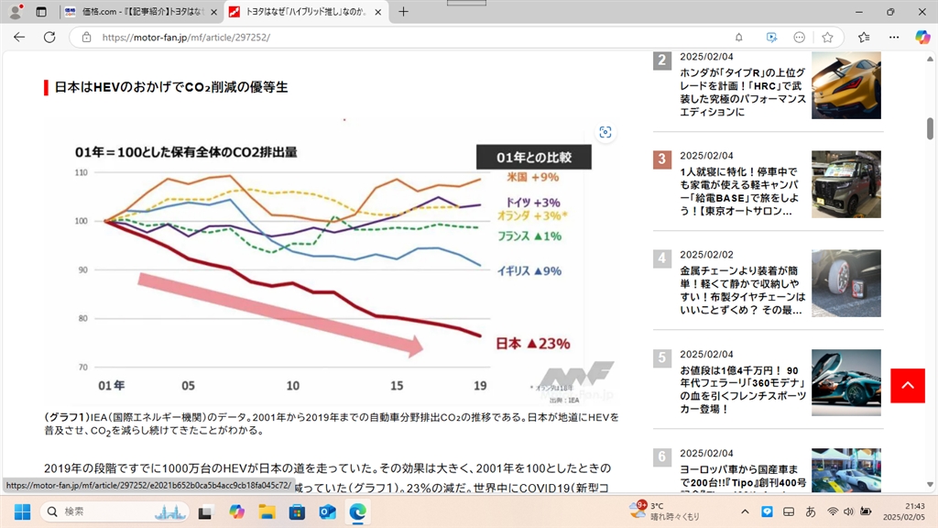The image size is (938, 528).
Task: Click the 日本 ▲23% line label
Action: (x=532, y=344)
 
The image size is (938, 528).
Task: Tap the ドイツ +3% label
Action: (x=532, y=202)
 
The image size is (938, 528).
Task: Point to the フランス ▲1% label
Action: (x=529, y=236)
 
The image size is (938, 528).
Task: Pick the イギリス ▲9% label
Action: (x=529, y=270)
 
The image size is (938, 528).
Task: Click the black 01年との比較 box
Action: (x=533, y=157)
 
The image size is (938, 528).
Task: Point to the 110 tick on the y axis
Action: (x=82, y=172)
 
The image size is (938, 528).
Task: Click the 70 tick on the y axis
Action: (x=82, y=368)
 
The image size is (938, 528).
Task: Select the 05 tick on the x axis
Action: (x=188, y=385)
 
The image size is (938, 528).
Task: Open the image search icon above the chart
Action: (x=605, y=132)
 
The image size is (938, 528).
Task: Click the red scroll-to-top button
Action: (x=907, y=385)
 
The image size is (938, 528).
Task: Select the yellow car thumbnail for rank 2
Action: (x=845, y=85)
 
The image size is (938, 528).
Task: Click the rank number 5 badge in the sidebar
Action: (x=662, y=357)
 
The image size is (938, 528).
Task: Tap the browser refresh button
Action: (x=49, y=38)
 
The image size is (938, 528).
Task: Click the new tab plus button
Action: (x=403, y=12)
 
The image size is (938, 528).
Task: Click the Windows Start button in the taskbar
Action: (x=22, y=511)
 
